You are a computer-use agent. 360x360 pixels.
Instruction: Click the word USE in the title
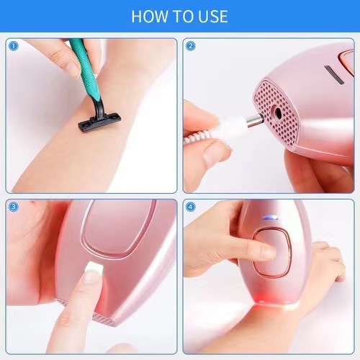[210, 16]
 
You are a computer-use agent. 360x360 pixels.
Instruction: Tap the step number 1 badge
[13, 46]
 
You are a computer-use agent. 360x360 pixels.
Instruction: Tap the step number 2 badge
[191, 46]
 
